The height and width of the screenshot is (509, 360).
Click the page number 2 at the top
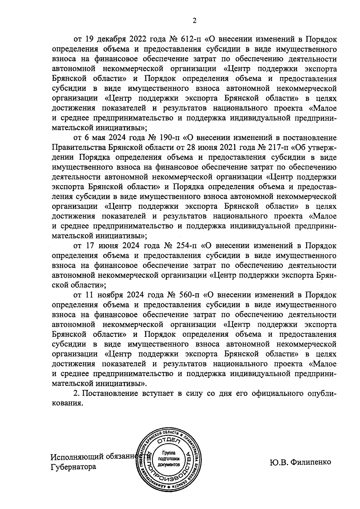click(194, 21)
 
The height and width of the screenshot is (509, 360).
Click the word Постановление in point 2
click(110, 394)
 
